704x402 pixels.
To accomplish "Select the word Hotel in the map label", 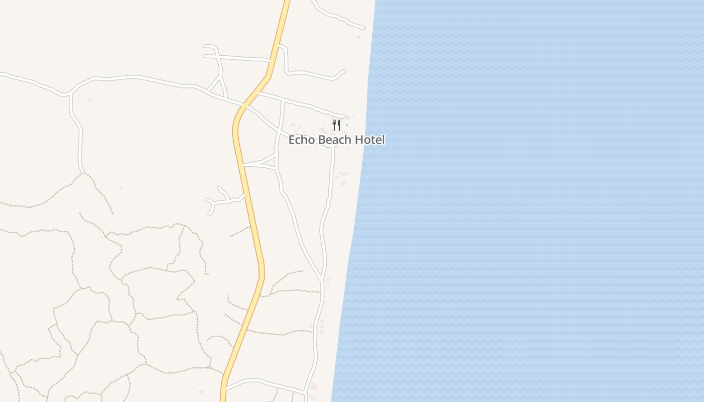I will [370, 140].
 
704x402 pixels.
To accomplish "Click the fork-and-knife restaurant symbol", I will [336, 125].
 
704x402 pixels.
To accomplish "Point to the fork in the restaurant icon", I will [334, 125].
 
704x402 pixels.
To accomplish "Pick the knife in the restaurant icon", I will [339, 125].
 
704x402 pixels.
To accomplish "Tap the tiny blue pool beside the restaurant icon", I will [347, 125].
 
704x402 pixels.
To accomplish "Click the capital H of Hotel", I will [359, 140].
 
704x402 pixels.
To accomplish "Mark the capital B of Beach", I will [322, 140].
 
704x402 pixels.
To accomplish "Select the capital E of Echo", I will [292, 140].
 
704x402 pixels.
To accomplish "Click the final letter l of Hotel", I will [383, 140].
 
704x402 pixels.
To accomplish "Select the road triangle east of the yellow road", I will [270, 162].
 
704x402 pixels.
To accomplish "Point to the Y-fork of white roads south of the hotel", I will [322, 277].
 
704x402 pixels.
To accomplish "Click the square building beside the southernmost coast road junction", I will [314, 386].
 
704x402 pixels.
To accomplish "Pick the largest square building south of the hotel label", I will [343, 183].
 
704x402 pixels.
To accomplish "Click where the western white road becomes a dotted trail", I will [82, 172].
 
